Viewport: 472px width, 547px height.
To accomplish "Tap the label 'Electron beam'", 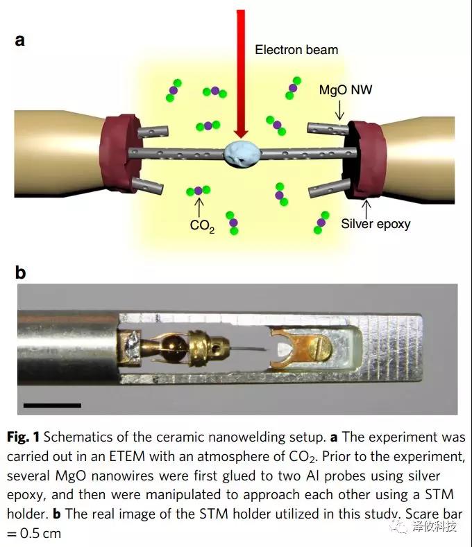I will point(296,49).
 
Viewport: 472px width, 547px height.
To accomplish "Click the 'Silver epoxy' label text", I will point(376,224).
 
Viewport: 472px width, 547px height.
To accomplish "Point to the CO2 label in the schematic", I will point(201,226).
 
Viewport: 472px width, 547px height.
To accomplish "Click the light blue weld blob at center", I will point(242,153).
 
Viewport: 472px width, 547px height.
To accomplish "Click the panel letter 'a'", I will point(20,40).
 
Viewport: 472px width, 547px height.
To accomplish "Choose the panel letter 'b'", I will point(20,272).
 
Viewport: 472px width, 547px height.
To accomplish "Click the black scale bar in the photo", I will point(52,404).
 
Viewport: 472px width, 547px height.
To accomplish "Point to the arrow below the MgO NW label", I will point(339,110).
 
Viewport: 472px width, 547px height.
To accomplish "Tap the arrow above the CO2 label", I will point(199,207).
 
